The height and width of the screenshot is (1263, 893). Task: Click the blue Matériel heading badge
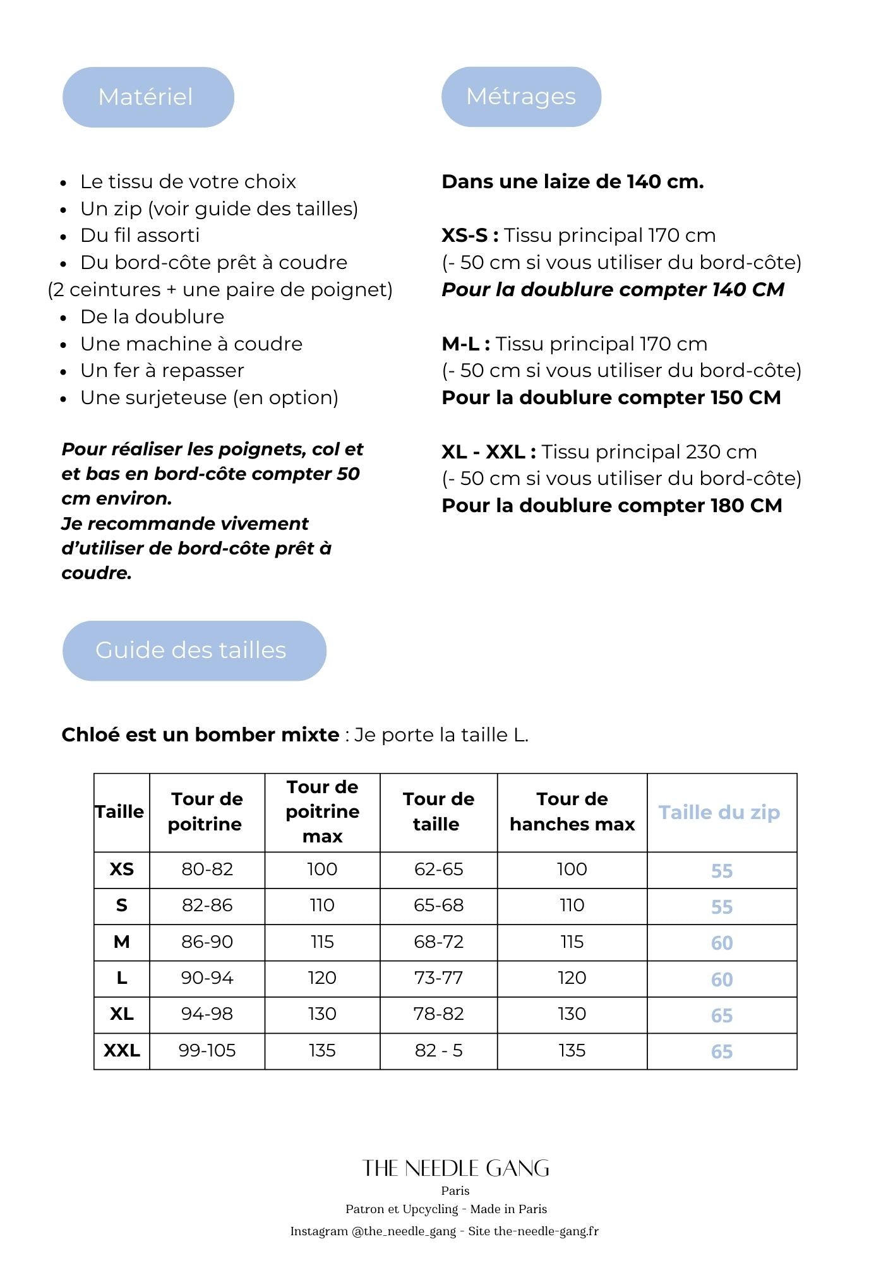click(148, 97)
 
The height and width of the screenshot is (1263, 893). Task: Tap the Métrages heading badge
click(521, 97)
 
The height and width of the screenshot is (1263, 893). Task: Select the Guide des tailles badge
click(194, 650)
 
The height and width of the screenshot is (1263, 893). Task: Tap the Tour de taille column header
click(438, 811)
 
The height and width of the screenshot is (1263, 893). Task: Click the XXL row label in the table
click(122, 1051)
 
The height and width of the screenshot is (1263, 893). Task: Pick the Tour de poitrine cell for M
click(207, 942)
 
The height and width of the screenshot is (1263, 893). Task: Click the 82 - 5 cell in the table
click(438, 1051)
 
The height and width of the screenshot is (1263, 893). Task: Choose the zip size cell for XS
click(721, 871)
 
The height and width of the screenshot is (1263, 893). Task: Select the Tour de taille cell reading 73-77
click(438, 978)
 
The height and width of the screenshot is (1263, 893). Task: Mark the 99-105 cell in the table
click(207, 1051)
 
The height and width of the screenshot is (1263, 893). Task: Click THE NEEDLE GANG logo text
click(455, 1168)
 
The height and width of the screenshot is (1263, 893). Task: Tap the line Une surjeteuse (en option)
click(209, 398)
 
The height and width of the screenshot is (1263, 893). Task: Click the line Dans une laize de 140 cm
click(572, 182)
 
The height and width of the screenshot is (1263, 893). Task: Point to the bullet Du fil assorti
click(140, 236)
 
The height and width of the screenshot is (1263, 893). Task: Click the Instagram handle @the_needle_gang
click(404, 1231)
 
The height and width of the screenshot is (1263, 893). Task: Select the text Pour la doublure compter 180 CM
click(611, 506)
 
